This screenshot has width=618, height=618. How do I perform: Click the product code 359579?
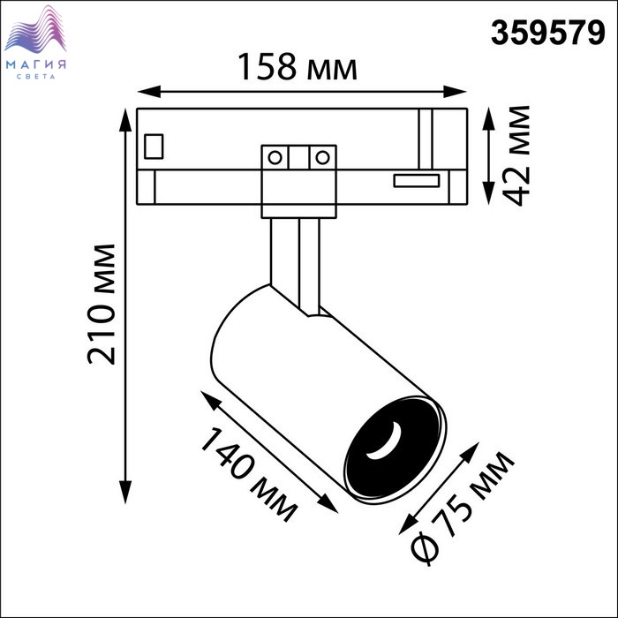(x=547, y=34)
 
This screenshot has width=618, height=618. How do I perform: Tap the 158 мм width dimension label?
(x=298, y=67)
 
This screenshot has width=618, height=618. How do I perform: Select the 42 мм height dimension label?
(x=516, y=155)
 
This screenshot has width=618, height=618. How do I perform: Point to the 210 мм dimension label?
(x=102, y=305)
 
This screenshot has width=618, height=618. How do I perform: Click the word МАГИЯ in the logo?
(x=36, y=64)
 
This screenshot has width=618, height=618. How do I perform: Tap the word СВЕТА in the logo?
(x=36, y=77)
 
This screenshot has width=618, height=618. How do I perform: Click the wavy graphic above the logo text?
(x=35, y=30)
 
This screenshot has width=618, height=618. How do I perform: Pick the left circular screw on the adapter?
(x=275, y=158)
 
